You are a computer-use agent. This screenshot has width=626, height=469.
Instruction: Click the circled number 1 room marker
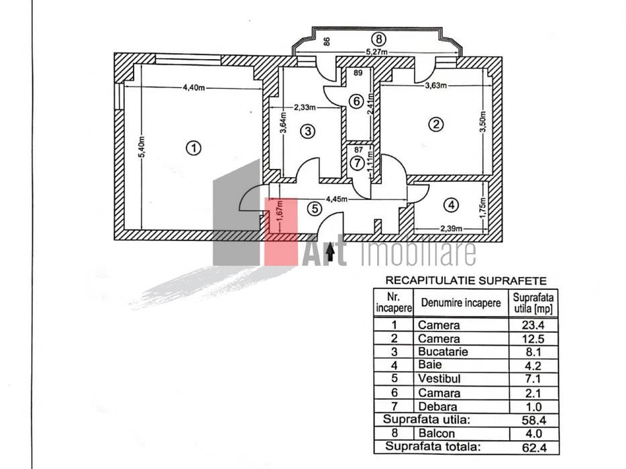pyautogui.click(x=193, y=148)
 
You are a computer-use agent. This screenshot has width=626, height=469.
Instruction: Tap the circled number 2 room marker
pyautogui.click(x=437, y=124)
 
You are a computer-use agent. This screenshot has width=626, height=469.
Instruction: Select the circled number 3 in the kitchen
pyautogui.click(x=307, y=131)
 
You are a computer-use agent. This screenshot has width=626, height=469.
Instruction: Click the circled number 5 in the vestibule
pyautogui.click(x=314, y=209)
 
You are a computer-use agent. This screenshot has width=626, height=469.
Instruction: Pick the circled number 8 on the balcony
pyautogui.click(x=379, y=38)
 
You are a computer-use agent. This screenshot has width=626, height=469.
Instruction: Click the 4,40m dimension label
pyautogui.click(x=193, y=87)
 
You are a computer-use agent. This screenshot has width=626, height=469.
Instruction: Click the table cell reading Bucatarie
pyautogui.click(x=442, y=352)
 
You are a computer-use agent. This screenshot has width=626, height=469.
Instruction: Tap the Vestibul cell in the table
pyautogui.click(x=439, y=379)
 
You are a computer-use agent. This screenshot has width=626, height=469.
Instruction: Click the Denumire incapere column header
pyautogui.click(x=461, y=303)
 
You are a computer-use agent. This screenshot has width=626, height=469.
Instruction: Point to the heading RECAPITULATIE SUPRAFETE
pyautogui.click(x=465, y=281)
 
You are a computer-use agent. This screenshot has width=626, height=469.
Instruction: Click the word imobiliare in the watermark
pyautogui.click(x=418, y=254)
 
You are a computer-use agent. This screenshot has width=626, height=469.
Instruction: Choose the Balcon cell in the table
pyautogui.click(x=437, y=433)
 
